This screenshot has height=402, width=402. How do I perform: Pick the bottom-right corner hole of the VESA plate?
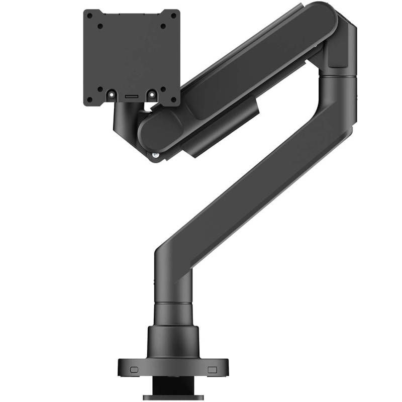[x=173, y=99]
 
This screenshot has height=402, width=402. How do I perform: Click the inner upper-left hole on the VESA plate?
[x=100, y=26]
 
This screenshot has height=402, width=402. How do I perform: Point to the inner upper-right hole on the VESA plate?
[x=163, y=26]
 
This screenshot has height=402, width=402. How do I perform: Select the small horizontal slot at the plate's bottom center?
[x=132, y=94]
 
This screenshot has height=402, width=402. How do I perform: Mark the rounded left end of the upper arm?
[x=153, y=133]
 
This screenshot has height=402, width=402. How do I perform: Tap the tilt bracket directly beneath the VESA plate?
[x=126, y=121]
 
